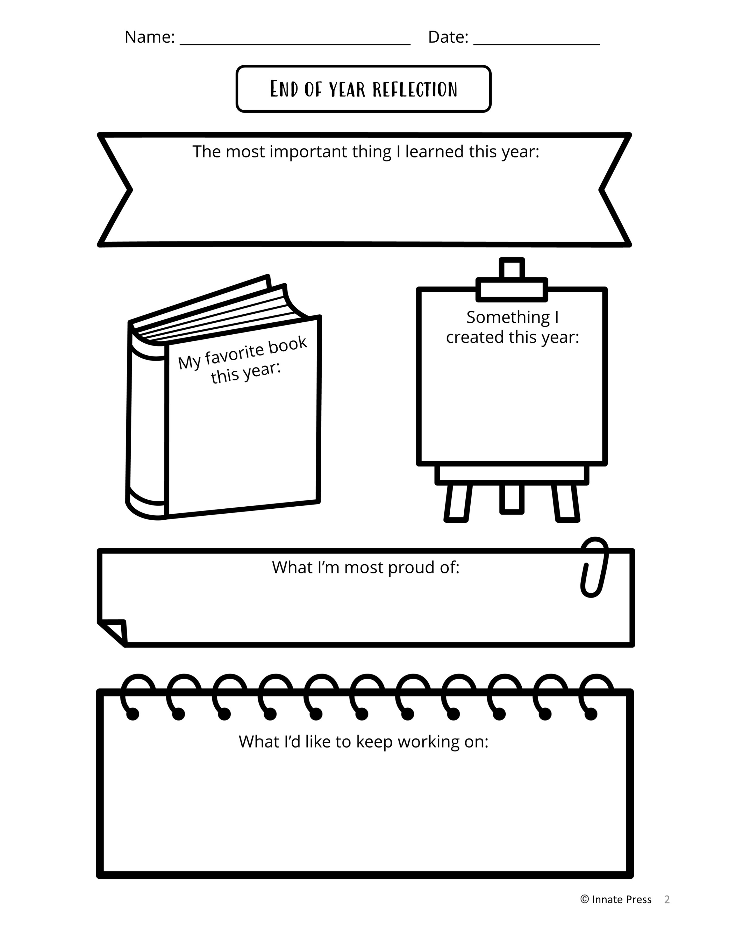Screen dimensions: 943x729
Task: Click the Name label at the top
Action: click(149, 37)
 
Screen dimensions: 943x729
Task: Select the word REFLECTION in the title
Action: click(415, 89)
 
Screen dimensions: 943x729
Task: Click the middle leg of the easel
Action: click(512, 499)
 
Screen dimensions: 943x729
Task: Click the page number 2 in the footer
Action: click(667, 899)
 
